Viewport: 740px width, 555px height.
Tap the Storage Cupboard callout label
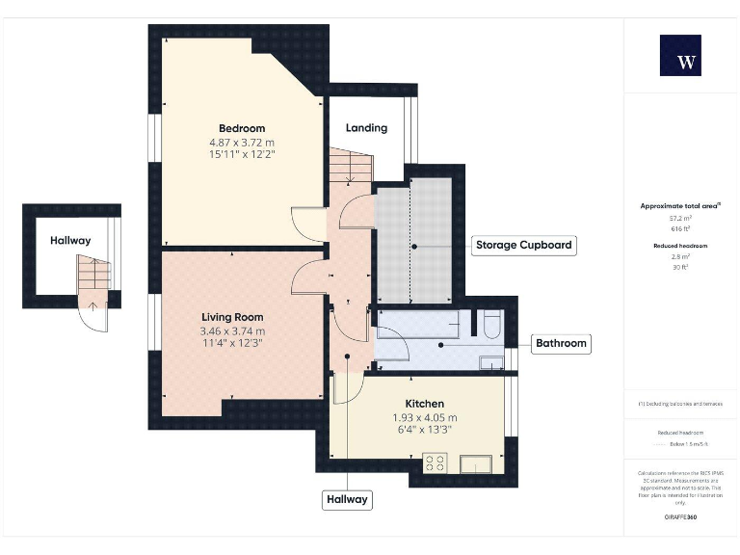pos(523,245)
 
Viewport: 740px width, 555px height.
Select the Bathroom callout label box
pos(561,343)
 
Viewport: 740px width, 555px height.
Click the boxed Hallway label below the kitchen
pos(347,500)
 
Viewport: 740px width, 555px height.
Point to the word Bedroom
pos(242,128)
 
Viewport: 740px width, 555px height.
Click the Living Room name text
pos(232,317)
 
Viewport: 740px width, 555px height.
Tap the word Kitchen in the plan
pos(424,404)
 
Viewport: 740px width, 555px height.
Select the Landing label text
pos(366,127)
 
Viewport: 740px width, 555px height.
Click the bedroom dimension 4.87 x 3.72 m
pos(242,143)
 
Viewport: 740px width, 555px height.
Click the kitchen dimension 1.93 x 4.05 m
pos(424,417)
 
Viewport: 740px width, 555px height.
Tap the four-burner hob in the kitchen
pos(435,463)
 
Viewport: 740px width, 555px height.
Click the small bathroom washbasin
pos(491,362)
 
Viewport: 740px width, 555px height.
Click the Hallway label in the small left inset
pos(70,241)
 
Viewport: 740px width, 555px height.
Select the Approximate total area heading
pos(680,206)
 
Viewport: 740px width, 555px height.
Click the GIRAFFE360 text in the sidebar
pos(680,517)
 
